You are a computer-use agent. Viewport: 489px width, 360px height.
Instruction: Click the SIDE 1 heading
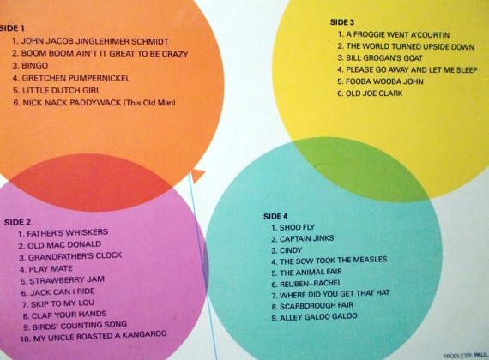[x=12, y=28]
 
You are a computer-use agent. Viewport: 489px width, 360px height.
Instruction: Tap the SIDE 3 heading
[x=342, y=22]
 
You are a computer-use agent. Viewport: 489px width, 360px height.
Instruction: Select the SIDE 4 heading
[x=275, y=216]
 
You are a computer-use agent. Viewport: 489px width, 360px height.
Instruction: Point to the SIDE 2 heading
[x=17, y=222]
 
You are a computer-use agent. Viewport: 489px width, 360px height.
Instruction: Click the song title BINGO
[x=34, y=66]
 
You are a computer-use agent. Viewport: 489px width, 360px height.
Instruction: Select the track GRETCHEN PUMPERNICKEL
[x=75, y=78]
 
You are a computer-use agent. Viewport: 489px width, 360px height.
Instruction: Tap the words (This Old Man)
[x=149, y=103]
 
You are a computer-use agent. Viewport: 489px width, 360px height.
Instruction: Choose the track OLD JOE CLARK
[x=374, y=93]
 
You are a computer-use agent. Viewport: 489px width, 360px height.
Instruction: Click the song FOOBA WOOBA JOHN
[x=384, y=81]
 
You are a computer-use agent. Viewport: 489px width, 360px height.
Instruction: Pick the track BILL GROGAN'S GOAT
[x=384, y=58]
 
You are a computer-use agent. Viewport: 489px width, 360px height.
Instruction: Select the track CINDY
[x=291, y=250]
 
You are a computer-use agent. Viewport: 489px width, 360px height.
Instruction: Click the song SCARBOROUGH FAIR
[x=317, y=306]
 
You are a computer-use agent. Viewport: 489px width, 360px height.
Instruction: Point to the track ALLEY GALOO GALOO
[x=318, y=317]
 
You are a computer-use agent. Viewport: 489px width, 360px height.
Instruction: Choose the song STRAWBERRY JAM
[x=67, y=280]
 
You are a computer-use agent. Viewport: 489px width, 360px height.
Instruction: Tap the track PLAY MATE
[x=51, y=268]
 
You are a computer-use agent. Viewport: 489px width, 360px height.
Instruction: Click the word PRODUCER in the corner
[x=458, y=356]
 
